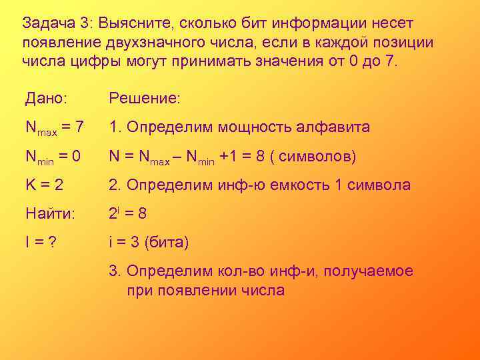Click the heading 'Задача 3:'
[x=56, y=23]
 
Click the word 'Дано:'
[x=46, y=98]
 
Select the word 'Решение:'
[x=145, y=98]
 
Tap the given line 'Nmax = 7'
[x=55, y=127]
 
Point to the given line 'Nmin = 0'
[x=53, y=157]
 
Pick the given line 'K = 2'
[x=45, y=185]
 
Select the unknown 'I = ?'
[x=41, y=243]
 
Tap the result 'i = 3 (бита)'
[x=149, y=243]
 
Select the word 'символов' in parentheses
[x=315, y=157]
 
